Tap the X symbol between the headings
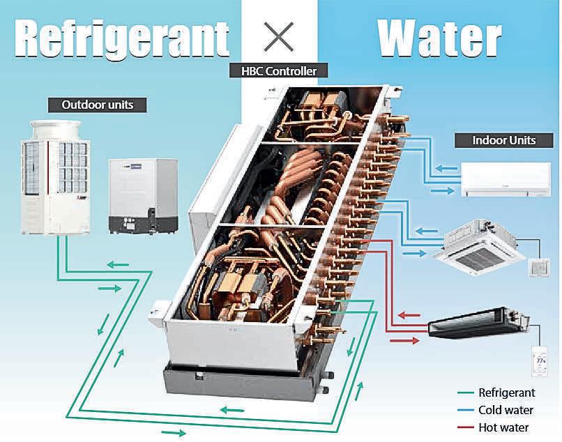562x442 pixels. [x=279, y=35]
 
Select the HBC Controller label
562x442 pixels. [x=278, y=71]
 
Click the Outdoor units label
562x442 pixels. [x=98, y=105]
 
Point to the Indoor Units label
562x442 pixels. [x=504, y=140]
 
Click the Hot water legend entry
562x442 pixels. [x=503, y=427]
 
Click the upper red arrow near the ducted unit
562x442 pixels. [x=410, y=316]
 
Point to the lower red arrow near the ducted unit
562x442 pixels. [x=404, y=341]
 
